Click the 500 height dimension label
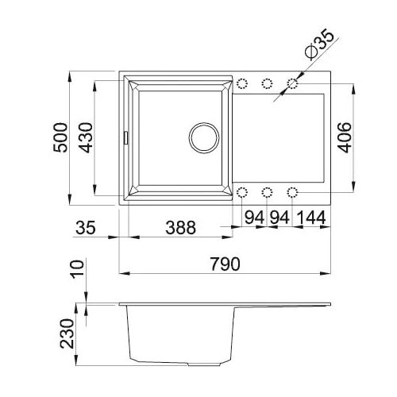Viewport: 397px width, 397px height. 60,137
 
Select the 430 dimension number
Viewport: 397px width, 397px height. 87,137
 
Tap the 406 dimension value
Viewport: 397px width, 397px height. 345,137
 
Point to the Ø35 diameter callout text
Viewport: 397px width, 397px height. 320,44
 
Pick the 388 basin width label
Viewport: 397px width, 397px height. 180,228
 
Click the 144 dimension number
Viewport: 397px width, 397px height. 310,218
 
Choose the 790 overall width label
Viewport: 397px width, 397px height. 225,264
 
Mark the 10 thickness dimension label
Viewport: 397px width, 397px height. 78,268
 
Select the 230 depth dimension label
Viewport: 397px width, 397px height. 67,333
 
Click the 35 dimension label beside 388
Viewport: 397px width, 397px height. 85,228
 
